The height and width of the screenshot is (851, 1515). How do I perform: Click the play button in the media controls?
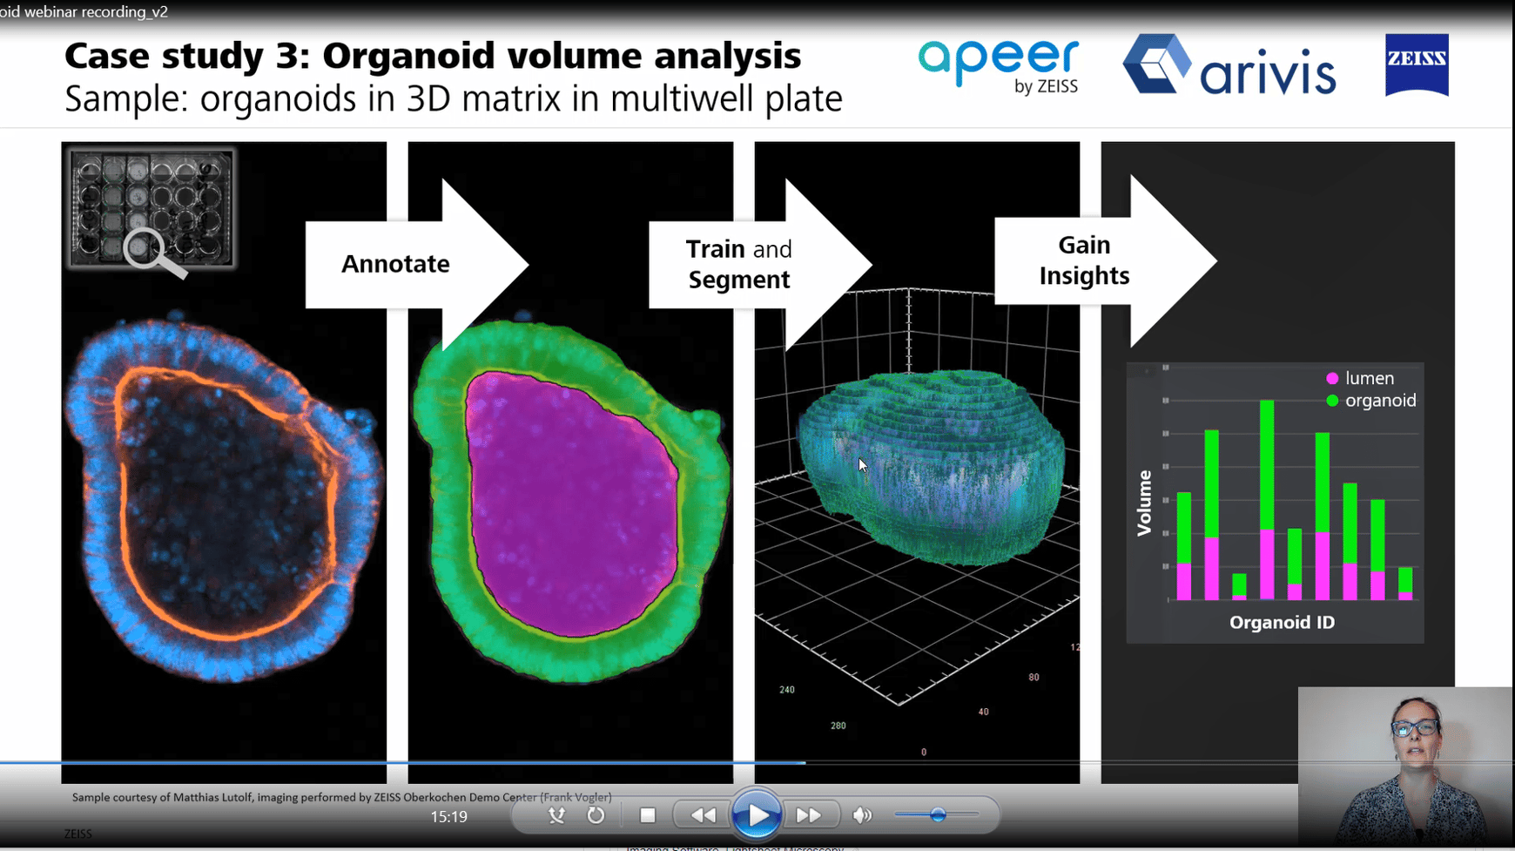pos(756,815)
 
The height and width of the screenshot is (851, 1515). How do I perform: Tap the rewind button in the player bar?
pos(703,815)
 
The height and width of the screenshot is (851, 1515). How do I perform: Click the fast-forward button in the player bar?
pos(808,815)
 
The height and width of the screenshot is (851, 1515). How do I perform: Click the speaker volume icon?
pos(862,815)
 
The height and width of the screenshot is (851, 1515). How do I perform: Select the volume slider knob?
pos(938,815)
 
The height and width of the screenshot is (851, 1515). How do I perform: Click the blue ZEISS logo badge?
pos(1417,65)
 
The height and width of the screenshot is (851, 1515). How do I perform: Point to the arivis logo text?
pos(1268,74)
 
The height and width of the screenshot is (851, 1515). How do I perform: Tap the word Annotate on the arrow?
pos(395,264)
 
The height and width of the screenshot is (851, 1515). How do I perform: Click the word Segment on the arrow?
pos(739,280)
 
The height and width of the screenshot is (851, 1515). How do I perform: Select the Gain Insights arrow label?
pos(1084,260)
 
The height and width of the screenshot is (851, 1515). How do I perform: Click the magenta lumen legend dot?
pos(1332,379)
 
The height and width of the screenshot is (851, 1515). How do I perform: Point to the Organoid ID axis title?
pos(1282,622)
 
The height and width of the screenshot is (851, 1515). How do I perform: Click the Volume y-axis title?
pos(1144,503)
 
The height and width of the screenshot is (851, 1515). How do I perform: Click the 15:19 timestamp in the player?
pos(448,817)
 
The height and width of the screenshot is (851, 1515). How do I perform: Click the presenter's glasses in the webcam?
pos(1415,728)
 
